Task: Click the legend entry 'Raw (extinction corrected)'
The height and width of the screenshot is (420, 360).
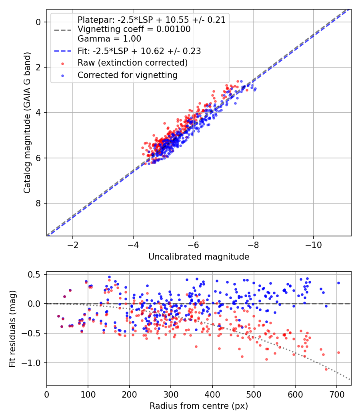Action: (x=132, y=63)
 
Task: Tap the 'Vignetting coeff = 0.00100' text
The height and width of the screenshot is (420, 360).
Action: (x=134, y=29)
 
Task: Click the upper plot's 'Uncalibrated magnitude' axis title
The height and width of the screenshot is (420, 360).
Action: (x=199, y=257)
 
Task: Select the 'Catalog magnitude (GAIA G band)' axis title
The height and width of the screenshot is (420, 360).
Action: (x=27, y=122)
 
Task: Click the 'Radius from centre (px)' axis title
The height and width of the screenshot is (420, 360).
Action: (x=199, y=406)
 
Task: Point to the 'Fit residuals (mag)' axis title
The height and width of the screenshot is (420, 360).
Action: (x=12, y=329)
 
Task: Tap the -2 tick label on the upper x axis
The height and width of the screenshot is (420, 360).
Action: (x=72, y=245)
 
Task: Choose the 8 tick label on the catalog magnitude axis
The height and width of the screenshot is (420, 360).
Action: (x=39, y=203)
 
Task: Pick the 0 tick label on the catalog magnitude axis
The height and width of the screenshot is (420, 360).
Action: (x=39, y=22)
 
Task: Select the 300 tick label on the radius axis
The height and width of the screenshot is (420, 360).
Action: (x=171, y=394)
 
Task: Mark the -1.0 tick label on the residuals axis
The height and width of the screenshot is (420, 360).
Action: (x=34, y=363)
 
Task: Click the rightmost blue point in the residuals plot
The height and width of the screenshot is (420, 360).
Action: (x=338, y=283)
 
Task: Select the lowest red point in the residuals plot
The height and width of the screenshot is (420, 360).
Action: (x=326, y=369)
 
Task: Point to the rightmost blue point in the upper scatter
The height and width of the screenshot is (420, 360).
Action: (x=255, y=88)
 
